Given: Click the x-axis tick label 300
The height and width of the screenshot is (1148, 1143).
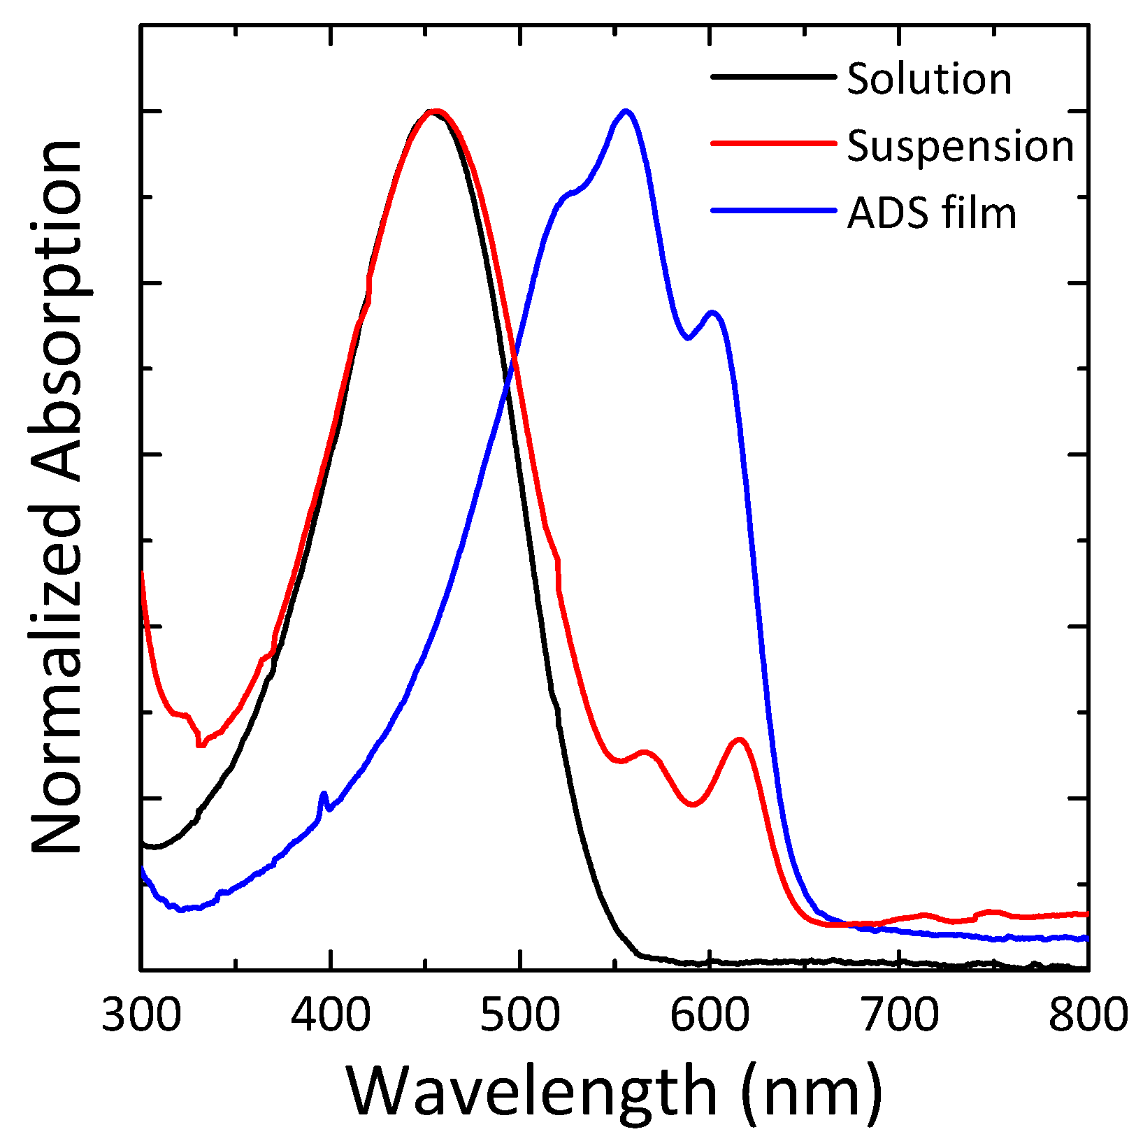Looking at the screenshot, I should tap(141, 1015).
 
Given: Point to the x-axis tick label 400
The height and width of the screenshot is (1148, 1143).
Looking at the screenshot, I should tap(330, 1015).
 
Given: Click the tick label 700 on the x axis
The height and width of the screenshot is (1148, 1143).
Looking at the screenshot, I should tap(899, 1015).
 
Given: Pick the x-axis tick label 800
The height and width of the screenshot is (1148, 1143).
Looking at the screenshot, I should tap(1088, 1015).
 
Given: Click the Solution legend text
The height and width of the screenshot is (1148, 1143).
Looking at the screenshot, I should tap(929, 79).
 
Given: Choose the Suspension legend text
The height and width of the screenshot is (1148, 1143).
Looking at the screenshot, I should tap(960, 146).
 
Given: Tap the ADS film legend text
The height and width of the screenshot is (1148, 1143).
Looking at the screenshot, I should tap(931, 213).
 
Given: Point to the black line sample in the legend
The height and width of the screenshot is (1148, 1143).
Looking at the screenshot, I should tap(773, 76).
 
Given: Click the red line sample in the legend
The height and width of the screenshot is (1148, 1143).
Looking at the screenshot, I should tap(773, 143).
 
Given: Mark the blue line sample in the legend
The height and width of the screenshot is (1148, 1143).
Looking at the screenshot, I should tap(773, 210).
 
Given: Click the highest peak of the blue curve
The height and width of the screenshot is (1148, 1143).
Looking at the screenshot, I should tap(626, 111).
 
